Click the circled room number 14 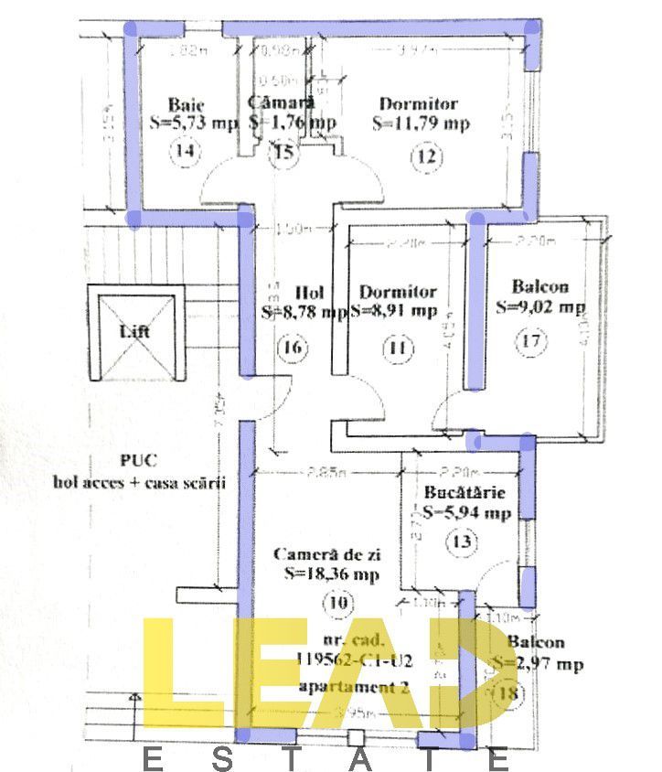[x=187, y=152]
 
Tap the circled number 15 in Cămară [x=284, y=152]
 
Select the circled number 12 [x=424, y=156]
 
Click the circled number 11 [x=398, y=348]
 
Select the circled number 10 [x=337, y=603]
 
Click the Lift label [x=135, y=332]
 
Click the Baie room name [x=186, y=104]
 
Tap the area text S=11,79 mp [x=422, y=123]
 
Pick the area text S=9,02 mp [x=539, y=307]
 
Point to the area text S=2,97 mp [x=538, y=663]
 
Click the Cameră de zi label [x=326, y=554]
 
